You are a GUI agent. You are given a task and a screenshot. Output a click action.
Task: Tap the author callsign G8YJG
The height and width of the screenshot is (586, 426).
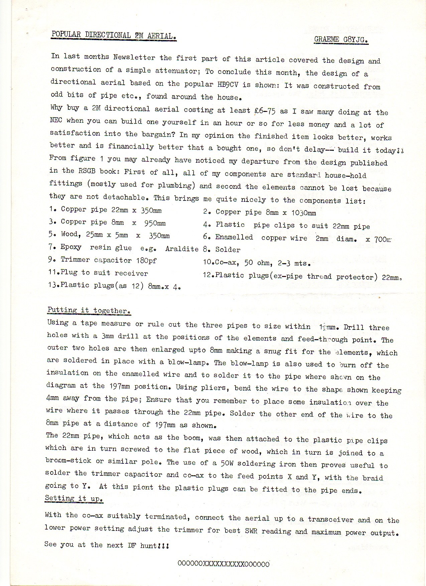click(354, 40)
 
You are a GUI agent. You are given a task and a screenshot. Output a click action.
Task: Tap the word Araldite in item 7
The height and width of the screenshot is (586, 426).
click(182, 249)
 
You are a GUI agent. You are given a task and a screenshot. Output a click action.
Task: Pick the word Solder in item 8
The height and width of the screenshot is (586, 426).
click(228, 250)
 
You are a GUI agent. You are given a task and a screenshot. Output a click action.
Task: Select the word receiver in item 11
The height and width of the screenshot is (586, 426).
click(131, 273)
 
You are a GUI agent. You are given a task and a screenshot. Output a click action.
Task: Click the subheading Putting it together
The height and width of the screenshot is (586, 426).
click(89, 310)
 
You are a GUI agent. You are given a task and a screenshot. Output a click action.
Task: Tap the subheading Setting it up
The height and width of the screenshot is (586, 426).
click(74, 498)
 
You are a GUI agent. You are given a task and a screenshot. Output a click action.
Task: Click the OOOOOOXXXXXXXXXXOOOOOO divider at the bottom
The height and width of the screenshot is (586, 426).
click(224, 564)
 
